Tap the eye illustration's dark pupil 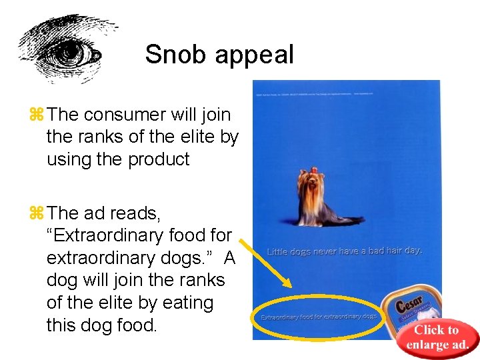[69, 51]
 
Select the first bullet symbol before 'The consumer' [36, 114]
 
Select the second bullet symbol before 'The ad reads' [36, 213]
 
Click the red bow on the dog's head [309, 173]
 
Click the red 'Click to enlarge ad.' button [437, 338]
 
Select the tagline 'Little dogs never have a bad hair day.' [345, 251]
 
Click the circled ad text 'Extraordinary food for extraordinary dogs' [319, 317]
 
